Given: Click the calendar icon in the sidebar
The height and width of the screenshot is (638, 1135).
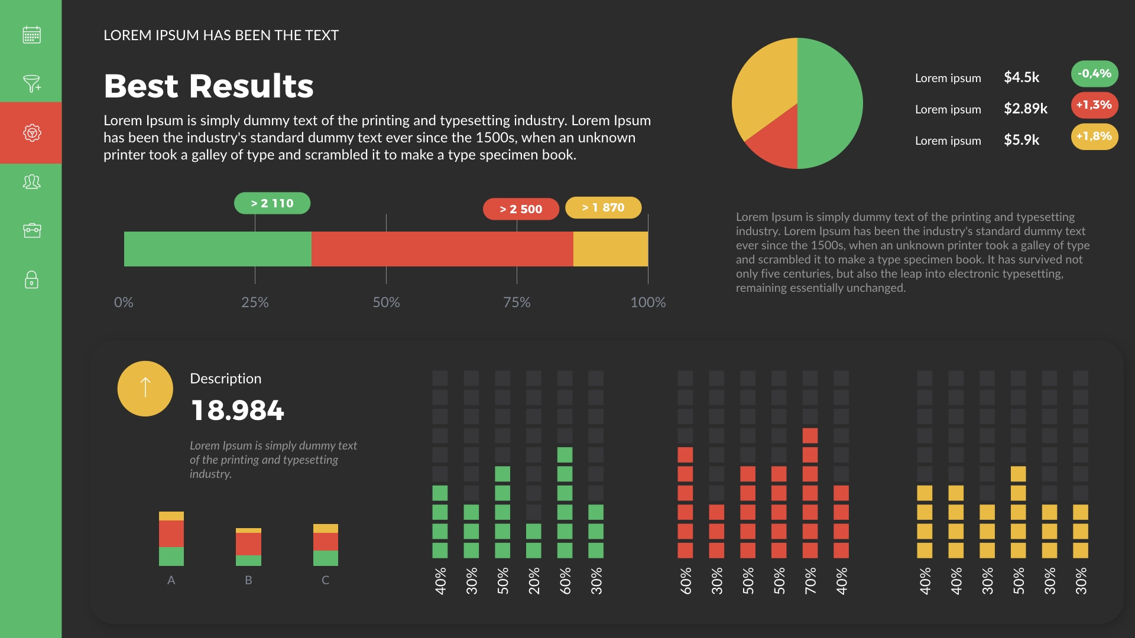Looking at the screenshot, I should pos(32,35).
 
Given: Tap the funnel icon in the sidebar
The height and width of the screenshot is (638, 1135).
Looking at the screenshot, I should pos(32,83).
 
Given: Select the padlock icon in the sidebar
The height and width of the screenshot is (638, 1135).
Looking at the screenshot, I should pos(32,279).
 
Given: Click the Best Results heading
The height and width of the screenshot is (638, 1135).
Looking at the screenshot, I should pos(208,86).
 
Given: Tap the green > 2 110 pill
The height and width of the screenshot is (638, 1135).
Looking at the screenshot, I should pos(272,203).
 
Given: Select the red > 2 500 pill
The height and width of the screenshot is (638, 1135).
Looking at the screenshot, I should pos(521,209).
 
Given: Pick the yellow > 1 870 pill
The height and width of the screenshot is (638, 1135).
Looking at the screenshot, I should pos(603,207).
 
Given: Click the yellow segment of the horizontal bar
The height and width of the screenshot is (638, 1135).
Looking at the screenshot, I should pos(610,249).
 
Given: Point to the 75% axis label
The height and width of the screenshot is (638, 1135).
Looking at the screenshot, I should pos(517,302).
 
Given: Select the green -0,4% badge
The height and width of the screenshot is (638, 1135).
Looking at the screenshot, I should pos(1094,74).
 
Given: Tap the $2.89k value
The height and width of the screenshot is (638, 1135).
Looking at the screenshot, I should pos(1025,109).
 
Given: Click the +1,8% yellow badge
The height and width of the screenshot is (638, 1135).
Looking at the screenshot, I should pos(1094,136).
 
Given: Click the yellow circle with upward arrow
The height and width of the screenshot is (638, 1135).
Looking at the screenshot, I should pos(145,389).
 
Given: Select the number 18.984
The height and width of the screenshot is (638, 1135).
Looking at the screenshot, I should pos(238,411).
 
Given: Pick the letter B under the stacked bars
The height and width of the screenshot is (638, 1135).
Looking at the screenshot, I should pos(248,580).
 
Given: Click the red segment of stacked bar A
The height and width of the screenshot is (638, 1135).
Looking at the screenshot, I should pos(171,533).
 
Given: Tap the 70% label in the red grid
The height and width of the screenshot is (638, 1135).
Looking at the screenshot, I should pos(810,581).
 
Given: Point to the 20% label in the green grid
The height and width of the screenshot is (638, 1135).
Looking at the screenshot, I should pos(534,581).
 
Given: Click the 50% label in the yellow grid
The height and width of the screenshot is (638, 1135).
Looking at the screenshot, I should pos(1018,581).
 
